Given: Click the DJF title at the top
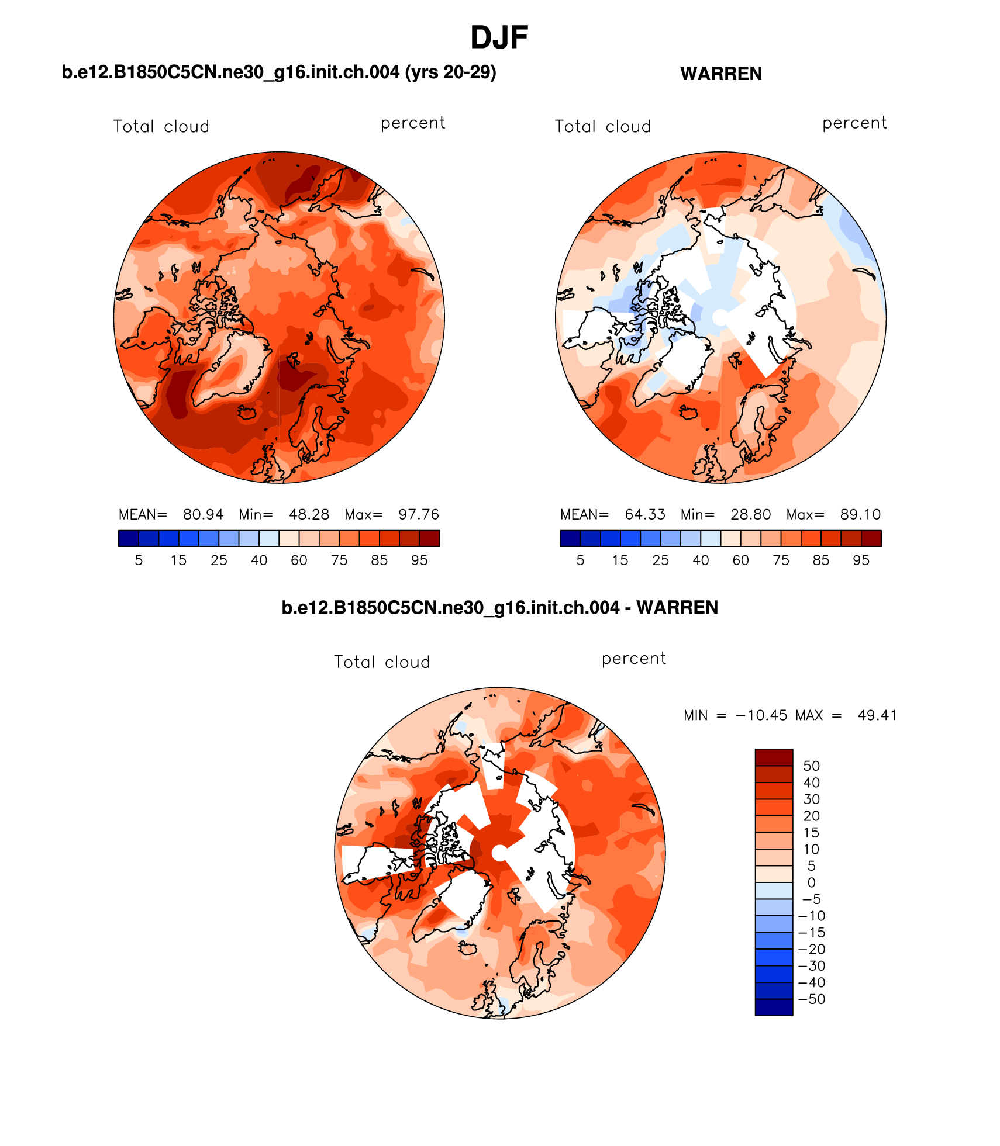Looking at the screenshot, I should tap(499, 38).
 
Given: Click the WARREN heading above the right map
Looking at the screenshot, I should tap(721, 74).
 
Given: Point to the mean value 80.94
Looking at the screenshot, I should tap(203, 514).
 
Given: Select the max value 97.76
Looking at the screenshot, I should tap(418, 514).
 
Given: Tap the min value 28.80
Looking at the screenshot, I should tap(750, 514).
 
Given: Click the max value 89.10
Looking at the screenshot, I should tap(860, 514).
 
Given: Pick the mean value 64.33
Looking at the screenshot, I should tap(645, 514).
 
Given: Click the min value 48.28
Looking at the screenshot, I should tap(309, 514).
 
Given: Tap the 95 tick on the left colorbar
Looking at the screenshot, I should tap(419, 560).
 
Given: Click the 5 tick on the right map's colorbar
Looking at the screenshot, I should tap(580, 560).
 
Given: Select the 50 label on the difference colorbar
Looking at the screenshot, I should tap(811, 766).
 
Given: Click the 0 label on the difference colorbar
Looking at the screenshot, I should tap(811, 882).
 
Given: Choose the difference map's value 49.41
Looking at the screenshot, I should tap(877, 715).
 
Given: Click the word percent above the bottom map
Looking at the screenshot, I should tap(633, 659).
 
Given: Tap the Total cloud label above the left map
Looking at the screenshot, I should tap(161, 127).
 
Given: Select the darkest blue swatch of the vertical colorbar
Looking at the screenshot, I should tap(774, 1007).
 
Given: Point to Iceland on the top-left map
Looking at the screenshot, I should tap(247, 413).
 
